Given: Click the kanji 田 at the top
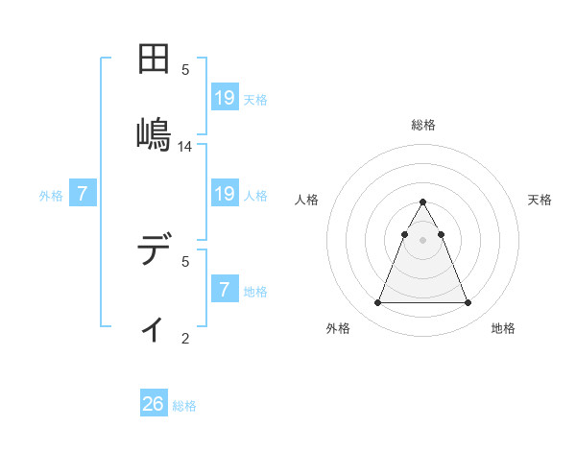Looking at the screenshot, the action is [x=154, y=60].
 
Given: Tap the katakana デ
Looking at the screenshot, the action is [x=154, y=252].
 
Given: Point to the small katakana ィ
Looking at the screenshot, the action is [x=153, y=329].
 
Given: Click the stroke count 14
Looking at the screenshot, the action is [x=185, y=147].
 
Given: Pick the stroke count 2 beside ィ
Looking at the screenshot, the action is [x=185, y=338].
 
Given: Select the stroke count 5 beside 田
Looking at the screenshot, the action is [x=185, y=69].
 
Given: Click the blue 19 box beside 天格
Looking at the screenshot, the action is [x=225, y=97].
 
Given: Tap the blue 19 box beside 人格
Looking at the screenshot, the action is [x=225, y=194].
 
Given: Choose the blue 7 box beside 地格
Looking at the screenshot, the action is [x=225, y=289].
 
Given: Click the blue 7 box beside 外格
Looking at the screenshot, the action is [x=83, y=194].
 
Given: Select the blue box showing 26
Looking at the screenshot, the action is [x=154, y=404].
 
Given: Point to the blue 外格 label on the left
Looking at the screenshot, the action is [x=51, y=196].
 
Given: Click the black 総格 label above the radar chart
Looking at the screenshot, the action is [x=423, y=125].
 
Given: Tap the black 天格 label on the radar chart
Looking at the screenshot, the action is [x=540, y=200].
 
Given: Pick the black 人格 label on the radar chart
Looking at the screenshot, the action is [x=307, y=200].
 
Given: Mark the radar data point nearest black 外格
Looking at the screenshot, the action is [x=377, y=303].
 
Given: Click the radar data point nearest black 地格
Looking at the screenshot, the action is [x=468, y=303].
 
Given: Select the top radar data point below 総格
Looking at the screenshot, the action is [x=423, y=202].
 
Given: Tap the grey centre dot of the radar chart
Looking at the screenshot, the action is [x=423, y=239].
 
